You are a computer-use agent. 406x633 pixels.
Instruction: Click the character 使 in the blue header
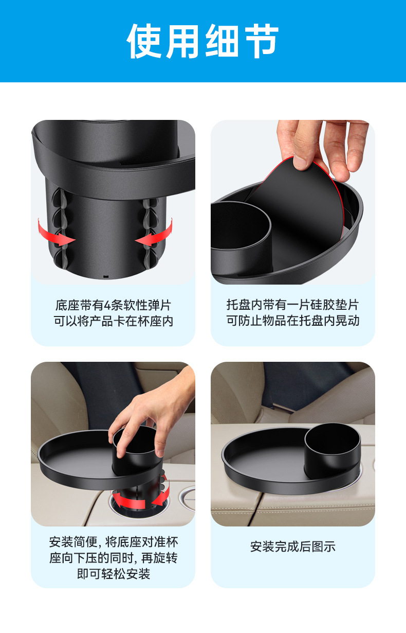(144, 41)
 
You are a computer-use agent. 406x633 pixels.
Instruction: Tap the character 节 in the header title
(262, 41)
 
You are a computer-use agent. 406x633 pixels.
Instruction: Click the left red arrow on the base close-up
(55, 233)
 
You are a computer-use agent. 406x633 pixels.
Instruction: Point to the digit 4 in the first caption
(107, 306)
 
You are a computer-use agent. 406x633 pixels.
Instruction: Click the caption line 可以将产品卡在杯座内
(114, 321)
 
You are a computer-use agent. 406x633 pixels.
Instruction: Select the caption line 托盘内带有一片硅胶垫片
(292, 305)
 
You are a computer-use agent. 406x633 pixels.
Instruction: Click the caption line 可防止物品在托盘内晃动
(292, 321)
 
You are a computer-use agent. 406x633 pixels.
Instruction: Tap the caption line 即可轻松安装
(114, 574)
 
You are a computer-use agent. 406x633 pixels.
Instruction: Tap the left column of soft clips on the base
(59, 227)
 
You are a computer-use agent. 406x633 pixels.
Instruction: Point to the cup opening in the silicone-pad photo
(240, 225)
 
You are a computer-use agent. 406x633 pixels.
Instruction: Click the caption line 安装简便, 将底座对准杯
(114, 542)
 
